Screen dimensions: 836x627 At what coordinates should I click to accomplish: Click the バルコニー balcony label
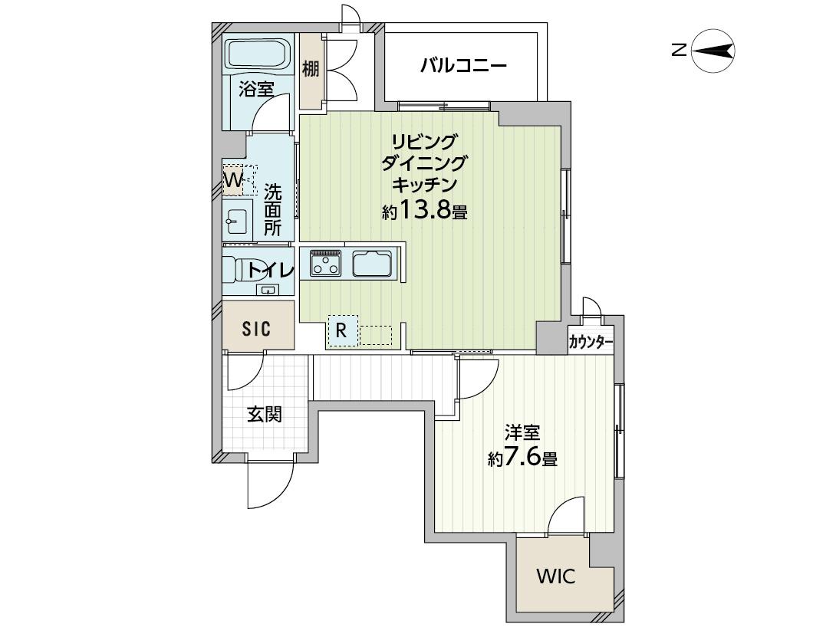[463, 67]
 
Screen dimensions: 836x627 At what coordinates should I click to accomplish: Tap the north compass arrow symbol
[713, 51]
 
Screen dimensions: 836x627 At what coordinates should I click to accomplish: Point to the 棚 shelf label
[311, 69]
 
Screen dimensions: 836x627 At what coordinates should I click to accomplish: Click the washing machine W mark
[233, 179]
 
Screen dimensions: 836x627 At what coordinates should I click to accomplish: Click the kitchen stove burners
[326, 263]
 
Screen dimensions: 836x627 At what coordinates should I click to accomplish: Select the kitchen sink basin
[373, 263]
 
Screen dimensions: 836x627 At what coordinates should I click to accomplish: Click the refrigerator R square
[342, 331]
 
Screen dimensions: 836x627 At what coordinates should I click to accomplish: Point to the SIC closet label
[256, 330]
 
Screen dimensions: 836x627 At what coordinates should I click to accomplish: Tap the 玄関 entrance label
[264, 414]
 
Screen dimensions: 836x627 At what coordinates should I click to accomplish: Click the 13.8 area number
[425, 211]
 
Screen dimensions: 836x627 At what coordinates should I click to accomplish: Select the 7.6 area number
[523, 457]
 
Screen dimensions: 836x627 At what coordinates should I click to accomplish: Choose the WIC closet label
[555, 576]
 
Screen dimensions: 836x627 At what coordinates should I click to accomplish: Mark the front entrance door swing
[271, 483]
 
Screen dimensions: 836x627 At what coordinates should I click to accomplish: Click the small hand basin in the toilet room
[267, 290]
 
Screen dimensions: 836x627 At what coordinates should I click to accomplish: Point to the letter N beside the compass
[679, 51]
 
